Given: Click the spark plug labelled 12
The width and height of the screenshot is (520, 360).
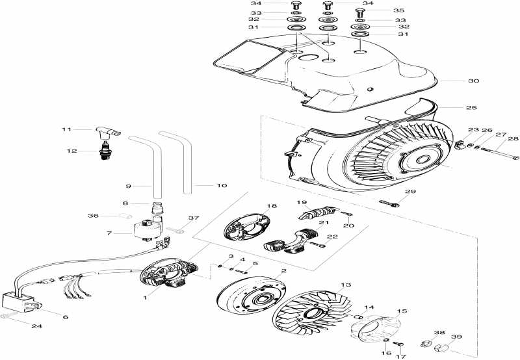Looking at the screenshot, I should [105, 151].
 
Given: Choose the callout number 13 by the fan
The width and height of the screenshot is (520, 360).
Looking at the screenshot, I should [345, 285].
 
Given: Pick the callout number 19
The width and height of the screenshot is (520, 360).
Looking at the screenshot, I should [302, 202].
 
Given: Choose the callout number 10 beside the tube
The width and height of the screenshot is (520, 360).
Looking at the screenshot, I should [221, 186].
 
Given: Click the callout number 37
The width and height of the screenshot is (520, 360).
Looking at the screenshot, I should [193, 218].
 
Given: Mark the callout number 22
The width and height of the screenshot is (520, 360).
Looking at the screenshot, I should [331, 237].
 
